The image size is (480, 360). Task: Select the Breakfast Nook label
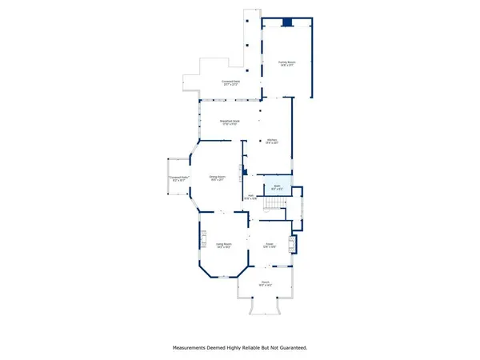(230, 122)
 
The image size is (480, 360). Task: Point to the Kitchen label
(271, 140)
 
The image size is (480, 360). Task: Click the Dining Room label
(217, 176)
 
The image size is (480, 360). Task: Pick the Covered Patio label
(178, 178)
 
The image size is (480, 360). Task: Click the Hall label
(250, 194)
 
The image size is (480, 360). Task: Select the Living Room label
(222, 244)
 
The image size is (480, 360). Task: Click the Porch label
(265, 282)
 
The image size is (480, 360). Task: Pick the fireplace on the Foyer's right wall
(292, 245)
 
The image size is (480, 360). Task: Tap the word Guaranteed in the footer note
(290, 348)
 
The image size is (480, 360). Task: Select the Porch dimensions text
(265, 285)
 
